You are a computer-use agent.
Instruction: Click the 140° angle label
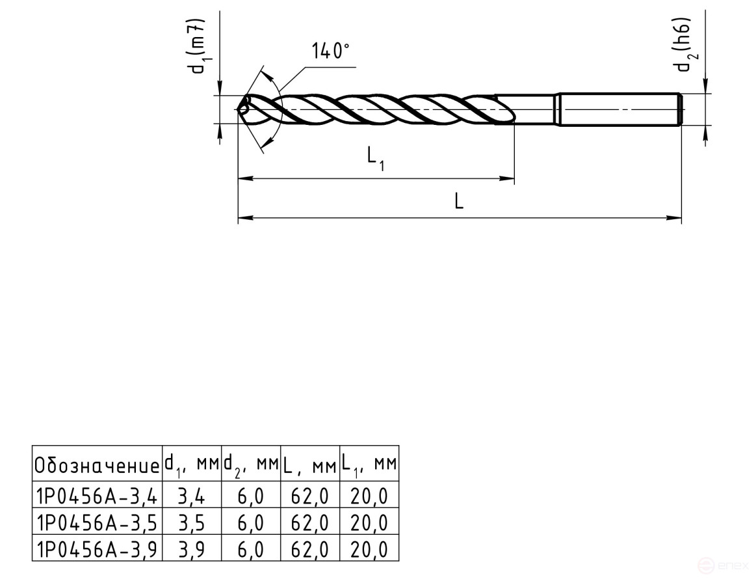coord(331,51)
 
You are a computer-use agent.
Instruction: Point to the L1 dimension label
coord(375,158)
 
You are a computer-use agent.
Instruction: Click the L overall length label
coord(459,202)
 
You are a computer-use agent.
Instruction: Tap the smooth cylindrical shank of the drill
coord(618,109)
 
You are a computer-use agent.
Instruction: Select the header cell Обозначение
coord(97,465)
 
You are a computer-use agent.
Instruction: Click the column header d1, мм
coord(191,465)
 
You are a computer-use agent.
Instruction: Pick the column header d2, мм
coord(251,465)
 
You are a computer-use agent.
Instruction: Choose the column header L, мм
coord(310,465)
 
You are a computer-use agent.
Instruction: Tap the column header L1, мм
coord(369,465)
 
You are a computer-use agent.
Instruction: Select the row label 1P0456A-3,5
coord(97,522)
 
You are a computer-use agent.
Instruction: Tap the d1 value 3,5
coord(191,522)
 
